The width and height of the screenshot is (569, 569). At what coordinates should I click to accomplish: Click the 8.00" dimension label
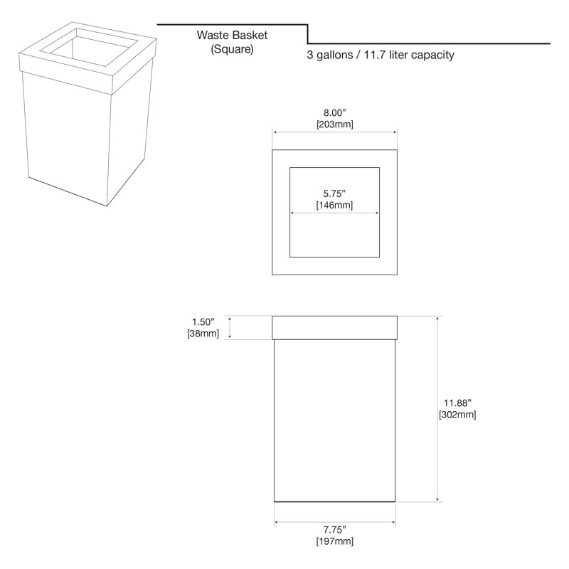click(334, 113)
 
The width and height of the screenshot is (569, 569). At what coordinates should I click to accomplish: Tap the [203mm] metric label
click(334, 124)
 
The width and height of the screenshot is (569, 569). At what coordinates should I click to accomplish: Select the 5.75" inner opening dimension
click(334, 193)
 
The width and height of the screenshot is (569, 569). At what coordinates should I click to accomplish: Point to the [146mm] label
click(334, 205)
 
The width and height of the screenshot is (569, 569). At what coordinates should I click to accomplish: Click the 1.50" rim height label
click(203, 322)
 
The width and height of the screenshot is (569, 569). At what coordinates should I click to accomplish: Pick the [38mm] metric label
click(203, 334)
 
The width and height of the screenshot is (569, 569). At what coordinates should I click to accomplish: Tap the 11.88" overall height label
click(457, 403)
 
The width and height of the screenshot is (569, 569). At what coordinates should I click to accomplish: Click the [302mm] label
click(457, 415)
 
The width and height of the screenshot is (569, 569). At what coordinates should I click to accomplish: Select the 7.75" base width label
click(334, 530)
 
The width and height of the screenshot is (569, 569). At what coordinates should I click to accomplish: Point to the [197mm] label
click(334, 541)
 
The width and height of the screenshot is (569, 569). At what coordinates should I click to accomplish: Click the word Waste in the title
click(213, 35)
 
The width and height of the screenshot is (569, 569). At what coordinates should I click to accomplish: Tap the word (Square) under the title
click(232, 48)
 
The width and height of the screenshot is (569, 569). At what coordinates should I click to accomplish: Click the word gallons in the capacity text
click(334, 55)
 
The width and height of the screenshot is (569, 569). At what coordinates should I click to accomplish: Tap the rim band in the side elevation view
click(334, 328)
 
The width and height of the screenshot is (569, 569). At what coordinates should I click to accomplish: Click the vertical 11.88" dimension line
click(437, 408)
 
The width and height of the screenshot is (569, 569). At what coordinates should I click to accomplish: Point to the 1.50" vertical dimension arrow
click(229, 327)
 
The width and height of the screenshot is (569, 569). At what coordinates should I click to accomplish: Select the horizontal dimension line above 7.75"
click(334, 522)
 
